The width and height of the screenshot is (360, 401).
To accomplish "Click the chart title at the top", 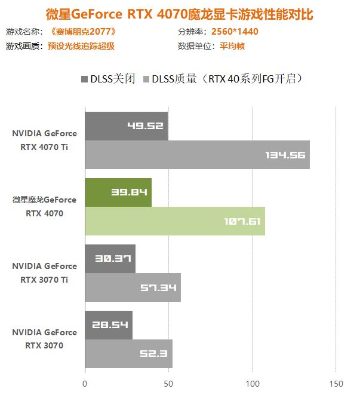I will (179, 13).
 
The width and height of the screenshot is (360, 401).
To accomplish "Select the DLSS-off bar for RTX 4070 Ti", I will (126, 126).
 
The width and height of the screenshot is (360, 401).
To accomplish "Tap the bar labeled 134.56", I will (197, 155).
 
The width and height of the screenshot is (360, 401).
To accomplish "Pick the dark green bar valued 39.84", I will (118, 192).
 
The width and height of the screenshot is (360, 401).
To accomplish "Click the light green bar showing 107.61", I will (175, 221).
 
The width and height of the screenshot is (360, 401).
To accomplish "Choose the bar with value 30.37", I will (110, 258).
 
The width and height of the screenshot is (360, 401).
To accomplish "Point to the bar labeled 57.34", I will (133, 287).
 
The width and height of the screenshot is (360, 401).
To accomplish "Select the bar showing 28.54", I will (109, 325).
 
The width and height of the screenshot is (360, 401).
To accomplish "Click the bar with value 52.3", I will (128, 354).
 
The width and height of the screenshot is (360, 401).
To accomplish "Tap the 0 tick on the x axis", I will (85, 384).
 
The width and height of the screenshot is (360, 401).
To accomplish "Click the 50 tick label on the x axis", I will (169, 384).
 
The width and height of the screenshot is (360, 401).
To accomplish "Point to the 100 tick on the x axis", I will (253, 384).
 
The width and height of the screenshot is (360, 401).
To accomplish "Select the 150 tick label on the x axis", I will (336, 384).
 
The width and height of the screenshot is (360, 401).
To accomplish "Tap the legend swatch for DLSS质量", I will (145, 79).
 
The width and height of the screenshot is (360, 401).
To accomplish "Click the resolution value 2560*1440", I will (235, 32).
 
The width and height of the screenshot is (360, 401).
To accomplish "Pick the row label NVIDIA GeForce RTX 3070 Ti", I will (45, 273).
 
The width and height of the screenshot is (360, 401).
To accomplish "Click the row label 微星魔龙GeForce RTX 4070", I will (45, 206).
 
